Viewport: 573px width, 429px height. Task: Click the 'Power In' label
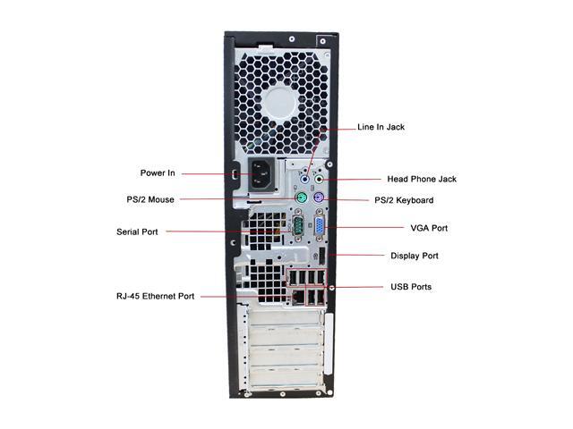[157, 172]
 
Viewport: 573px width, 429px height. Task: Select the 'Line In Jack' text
[381, 127]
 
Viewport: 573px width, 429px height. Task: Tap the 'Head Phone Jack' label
[421, 179]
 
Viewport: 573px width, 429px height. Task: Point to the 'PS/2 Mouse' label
[150, 199]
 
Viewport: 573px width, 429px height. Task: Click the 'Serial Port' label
[137, 231]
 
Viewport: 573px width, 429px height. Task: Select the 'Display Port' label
[415, 256]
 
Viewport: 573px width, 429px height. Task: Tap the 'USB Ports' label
[411, 287]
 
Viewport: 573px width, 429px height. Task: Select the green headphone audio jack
[320, 179]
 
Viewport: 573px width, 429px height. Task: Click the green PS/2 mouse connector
[304, 199]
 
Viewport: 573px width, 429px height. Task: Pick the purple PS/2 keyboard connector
[320, 200]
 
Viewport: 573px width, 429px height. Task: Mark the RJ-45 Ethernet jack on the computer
[295, 296]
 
